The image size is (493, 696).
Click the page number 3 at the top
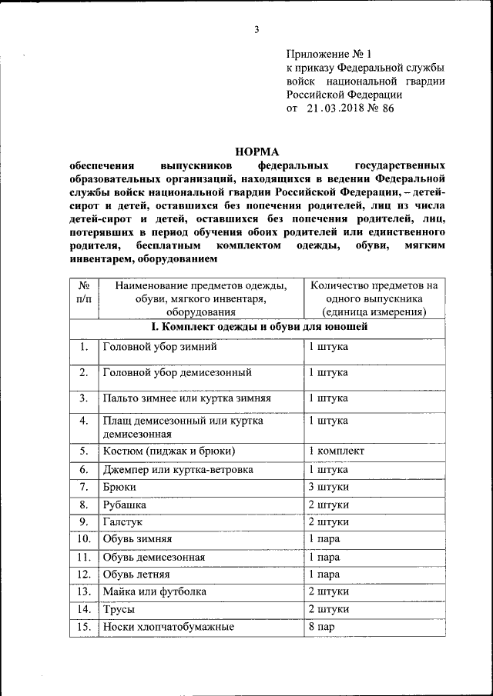pos(257,30)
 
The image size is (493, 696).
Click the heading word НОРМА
pos(257,151)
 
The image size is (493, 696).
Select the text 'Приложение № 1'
pos(329,54)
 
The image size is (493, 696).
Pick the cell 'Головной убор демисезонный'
pos(177,372)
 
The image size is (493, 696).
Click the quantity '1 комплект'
pos(337,451)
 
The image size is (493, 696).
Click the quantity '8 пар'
pos(322,627)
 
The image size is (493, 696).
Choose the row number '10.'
pos(84,539)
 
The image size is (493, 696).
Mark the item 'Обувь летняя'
pos(136,574)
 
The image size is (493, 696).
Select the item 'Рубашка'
pos(123,505)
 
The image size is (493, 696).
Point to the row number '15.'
pos(84,627)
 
